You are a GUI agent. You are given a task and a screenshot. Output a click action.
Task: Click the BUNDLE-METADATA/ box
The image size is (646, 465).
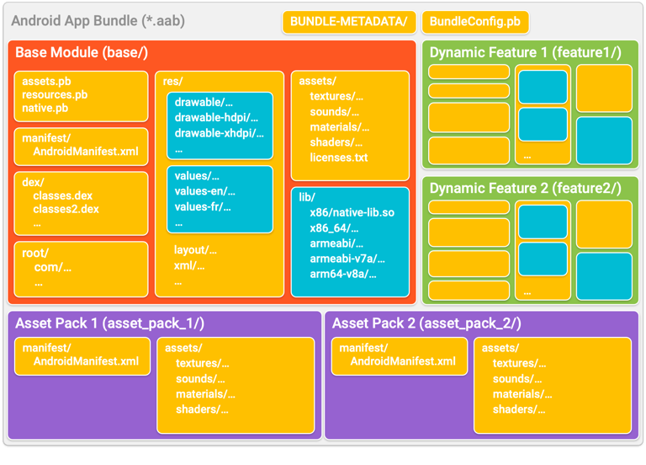(x=347, y=21)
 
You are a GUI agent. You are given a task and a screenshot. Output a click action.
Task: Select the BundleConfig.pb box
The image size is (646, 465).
(x=474, y=21)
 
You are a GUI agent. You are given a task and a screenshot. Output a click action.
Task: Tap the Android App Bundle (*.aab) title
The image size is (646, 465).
(x=98, y=21)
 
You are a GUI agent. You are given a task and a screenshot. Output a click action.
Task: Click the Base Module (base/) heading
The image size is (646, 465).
(x=82, y=53)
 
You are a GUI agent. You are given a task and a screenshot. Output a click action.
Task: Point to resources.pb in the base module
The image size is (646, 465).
(x=55, y=95)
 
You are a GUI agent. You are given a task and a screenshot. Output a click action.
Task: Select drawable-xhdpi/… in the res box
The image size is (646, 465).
(x=216, y=133)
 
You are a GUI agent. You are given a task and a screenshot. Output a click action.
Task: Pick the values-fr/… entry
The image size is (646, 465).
(x=203, y=207)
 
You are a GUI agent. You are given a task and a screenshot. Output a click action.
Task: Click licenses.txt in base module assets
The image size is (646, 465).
(x=338, y=158)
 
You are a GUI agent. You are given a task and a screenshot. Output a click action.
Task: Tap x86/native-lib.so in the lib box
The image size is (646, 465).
(x=352, y=212)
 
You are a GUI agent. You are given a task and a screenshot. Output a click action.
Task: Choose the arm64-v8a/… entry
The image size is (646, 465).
(x=342, y=274)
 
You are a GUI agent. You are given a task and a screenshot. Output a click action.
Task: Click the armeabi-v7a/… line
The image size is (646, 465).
(x=347, y=259)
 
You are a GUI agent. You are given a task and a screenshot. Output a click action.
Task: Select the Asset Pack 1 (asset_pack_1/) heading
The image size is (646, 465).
(x=109, y=323)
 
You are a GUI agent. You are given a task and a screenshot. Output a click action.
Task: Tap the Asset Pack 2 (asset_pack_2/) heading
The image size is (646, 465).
(x=426, y=323)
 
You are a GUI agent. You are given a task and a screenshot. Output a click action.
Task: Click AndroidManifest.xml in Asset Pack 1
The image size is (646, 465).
(x=86, y=361)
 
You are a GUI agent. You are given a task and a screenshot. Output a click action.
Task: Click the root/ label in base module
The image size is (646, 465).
(x=35, y=253)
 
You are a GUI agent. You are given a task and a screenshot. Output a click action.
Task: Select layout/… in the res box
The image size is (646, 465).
(x=195, y=250)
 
